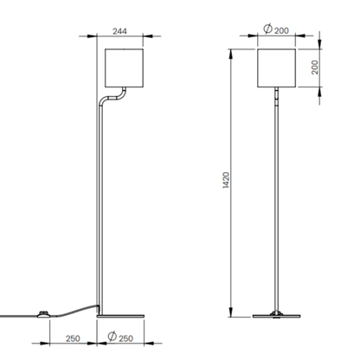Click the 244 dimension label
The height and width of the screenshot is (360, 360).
[x=119, y=31]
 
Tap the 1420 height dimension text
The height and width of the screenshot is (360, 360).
[x=226, y=180]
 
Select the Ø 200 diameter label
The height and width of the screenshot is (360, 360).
[x=276, y=29]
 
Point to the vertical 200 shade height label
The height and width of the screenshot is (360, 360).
[x=315, y=67]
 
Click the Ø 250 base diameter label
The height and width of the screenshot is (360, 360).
[x=120, y=337]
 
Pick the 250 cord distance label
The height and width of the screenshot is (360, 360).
[x=73, y=338]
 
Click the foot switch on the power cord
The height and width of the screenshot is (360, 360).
[x=43, y=314]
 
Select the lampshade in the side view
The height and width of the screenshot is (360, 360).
[x=124, y=68]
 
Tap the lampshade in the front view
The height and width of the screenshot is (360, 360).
[x=276, y=68]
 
